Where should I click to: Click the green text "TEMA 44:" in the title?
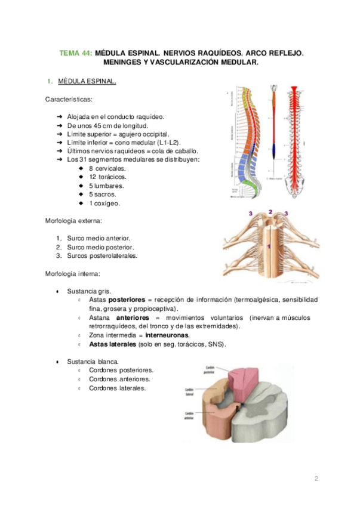pyautogui.click(x=76, y=54)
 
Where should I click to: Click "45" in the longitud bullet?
pyautogui.click(x=97, y=126)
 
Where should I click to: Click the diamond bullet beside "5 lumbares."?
pyautogui.click(x=81, y=186)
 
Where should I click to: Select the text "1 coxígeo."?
pyautogui.click(x=104, y=203)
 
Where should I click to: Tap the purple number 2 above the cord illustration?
pyautogui.click(x=270, y=212)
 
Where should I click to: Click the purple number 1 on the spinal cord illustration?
pyautogui.click(x=269, y=246)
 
